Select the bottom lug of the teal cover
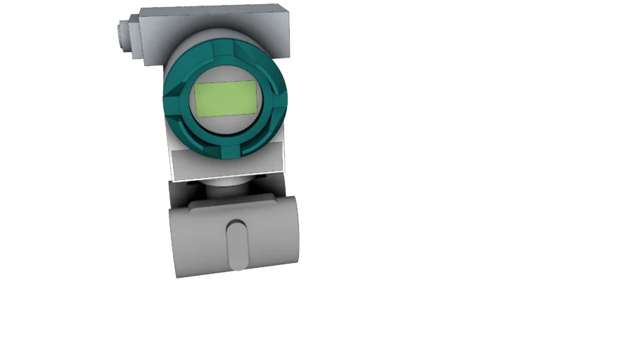click(x=230, y=152)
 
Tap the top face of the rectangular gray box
click(x=211, y=12)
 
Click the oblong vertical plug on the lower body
click(x=237, y=245)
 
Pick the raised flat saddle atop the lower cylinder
click(x=225, y=204)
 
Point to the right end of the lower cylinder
click(x=290, y=232)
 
